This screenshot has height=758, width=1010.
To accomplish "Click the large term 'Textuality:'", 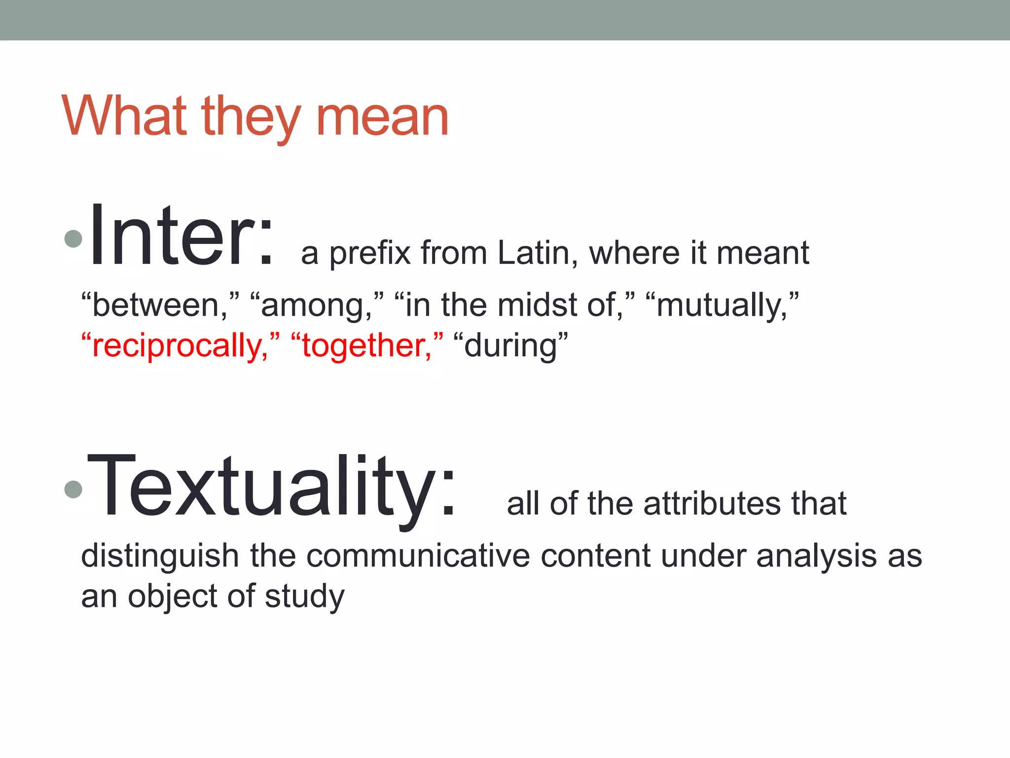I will tap(271, 486).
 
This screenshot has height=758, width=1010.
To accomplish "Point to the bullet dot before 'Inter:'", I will tap(73, 239).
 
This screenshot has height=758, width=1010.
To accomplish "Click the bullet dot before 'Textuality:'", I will tap(73, 489).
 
